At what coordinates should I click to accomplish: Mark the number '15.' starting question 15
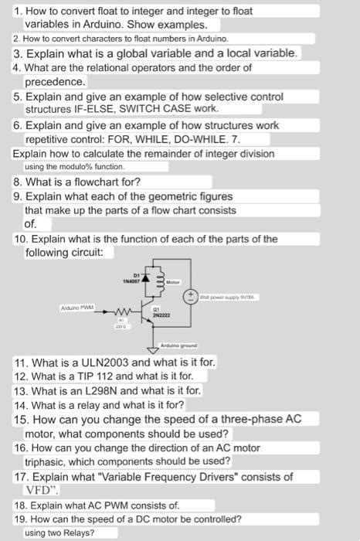(x=22, y=419)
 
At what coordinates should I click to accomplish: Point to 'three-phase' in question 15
(x=239, y=419)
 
